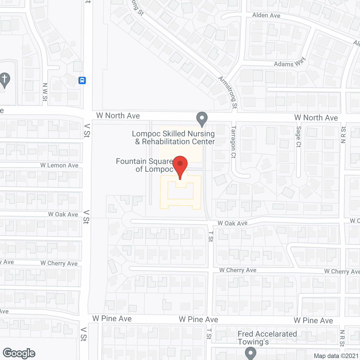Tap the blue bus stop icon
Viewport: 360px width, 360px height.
click(x=82, y=80)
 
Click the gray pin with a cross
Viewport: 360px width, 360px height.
click(x=4, y=80)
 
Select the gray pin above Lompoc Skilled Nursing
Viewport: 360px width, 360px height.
click(x=202, y=119)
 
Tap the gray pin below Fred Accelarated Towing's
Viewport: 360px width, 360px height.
click(x=250, y=353)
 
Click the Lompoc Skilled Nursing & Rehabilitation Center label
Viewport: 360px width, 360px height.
click(x=174, y=138)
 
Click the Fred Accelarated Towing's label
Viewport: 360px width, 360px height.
click(x=267, y=338)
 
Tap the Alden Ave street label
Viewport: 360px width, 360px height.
click(x=266, y=15)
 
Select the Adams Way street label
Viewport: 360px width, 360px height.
click(x=289, y=63)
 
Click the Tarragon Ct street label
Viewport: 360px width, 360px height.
click(x=233, y=142)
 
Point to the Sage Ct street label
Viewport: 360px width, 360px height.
click(x=299, y=137)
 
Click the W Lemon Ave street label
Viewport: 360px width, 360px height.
click(x=59, y=165)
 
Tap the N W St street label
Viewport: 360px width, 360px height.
click(x=45, y=92)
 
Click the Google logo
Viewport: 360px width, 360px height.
click(x=19, y=353)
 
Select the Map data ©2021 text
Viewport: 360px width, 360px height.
click(x=336, y=356)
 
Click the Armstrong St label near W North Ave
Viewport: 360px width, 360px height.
click(x=228, y=92)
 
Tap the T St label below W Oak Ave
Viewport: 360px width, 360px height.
click(x=211, y=237)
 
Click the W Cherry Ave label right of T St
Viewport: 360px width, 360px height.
click(x=238, y=270)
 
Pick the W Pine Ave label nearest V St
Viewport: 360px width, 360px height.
click(x=112, y=319)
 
